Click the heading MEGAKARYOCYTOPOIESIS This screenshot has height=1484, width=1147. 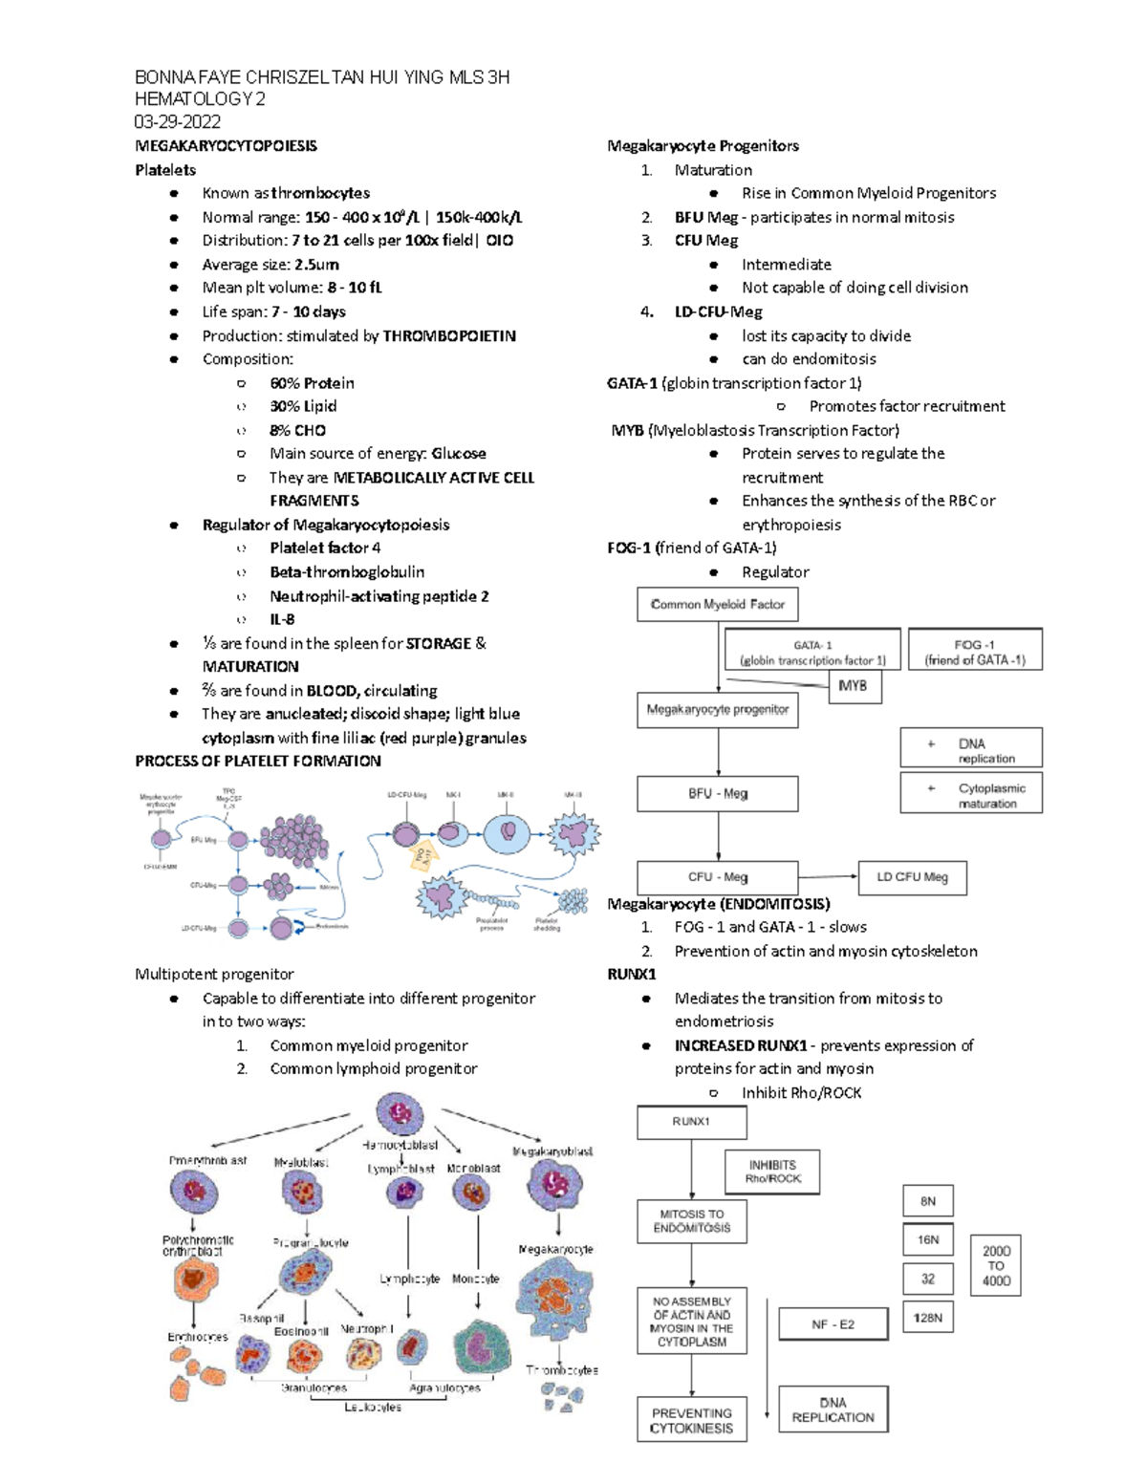(x=226, y=146)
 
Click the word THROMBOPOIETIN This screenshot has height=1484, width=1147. (x=448, y=335)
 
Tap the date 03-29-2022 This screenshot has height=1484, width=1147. (x=177, y=121)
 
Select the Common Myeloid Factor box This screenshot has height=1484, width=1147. (x=717, y=604)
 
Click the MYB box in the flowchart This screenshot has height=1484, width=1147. (x=853, y=686)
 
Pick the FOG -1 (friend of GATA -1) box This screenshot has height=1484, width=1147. (x=974, y=652)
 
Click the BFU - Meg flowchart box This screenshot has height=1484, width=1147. (x=717, y=793)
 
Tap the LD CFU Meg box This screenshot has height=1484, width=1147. (x=912, y=877)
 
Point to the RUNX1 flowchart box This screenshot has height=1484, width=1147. (x=691, y=1122)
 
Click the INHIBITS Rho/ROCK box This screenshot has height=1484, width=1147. (x=773, y=1172)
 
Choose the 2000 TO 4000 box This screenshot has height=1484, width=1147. (x=996, y=1266)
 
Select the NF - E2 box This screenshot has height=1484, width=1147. (x=833, y=1324)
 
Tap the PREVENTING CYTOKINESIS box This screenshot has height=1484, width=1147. (x=691, y=1420)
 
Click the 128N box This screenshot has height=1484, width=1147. (x=927, y=1318)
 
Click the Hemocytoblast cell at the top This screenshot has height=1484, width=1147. (x=400, y=1114)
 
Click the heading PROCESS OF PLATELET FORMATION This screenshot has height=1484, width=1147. (x=258, y=762)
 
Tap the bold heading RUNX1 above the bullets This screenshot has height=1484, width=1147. (x=632, y=975)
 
